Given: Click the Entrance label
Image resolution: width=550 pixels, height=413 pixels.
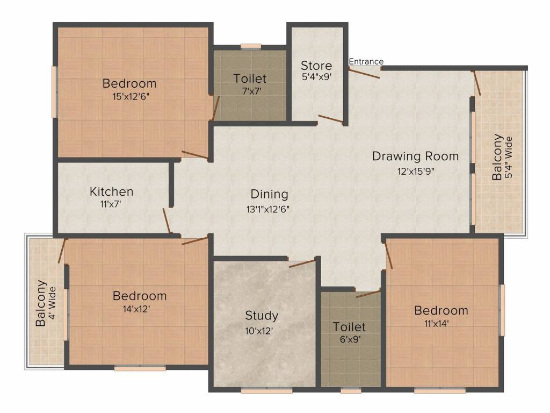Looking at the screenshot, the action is click(x=366, y=61).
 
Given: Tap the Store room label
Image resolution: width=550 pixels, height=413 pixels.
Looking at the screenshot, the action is click(x=316, y=66).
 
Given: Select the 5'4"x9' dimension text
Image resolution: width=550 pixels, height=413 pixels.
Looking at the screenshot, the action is click(x=316, y=77).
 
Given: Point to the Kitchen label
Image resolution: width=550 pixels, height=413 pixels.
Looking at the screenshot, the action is click(x=112, y=191).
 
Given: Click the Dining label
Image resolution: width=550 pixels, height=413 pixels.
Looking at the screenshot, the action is click(x=270, y=194).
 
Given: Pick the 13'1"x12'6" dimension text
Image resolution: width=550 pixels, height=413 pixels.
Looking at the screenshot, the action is click(x=268, y=210).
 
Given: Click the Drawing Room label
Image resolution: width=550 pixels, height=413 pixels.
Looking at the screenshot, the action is click(x=415, y=156).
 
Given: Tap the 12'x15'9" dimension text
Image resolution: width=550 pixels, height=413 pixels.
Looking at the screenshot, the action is click(x=416, y=172).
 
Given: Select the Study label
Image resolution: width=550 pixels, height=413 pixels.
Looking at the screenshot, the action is click(x=262, y=316).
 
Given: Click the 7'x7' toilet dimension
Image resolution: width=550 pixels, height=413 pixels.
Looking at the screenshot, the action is click(x=252, y=91).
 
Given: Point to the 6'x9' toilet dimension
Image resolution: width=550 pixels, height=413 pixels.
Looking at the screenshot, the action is click(x=350, y=340).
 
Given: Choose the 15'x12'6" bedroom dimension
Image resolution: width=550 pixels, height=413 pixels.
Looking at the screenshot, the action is click(x=131, y=96).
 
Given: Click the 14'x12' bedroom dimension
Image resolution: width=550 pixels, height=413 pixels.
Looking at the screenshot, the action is click(x=136, y=309).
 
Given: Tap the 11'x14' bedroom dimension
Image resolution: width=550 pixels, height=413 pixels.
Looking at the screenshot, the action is click(x=437, y=323).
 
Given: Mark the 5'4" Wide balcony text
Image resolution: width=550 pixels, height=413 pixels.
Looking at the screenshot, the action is click(x=509, y=158).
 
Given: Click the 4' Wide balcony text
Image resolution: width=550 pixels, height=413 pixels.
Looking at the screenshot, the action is click(x=52, y=303).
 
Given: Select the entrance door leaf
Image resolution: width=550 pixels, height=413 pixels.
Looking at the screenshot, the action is click(x=364, y=73).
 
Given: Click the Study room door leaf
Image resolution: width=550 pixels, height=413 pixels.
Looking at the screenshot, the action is click(x=302, y=264).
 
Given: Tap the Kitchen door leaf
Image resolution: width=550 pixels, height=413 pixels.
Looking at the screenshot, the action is click(x=167, y=221).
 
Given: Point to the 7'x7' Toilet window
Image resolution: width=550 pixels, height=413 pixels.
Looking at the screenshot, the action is click(x=251, y=46).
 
